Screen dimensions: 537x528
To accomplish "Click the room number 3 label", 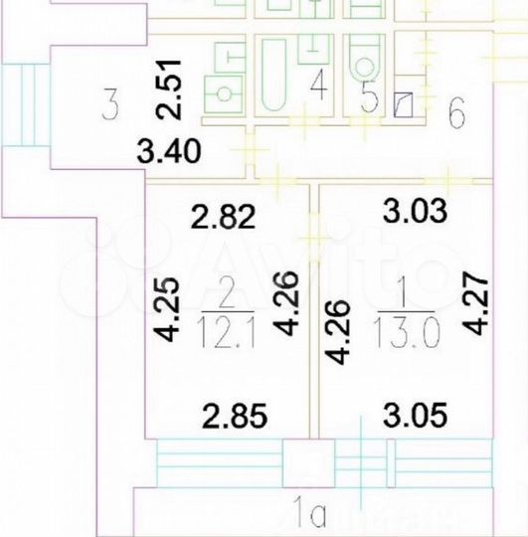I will point(111,102).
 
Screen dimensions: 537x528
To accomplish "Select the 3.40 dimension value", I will point(170,153).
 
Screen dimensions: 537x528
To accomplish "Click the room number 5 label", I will point(368,99).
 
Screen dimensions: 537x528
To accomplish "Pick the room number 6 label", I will point(456,112).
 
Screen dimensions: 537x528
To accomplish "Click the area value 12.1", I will point(229,328).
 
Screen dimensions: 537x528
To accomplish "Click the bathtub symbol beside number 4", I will point(273,74).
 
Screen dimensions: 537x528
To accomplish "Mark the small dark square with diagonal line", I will point(405,104).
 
